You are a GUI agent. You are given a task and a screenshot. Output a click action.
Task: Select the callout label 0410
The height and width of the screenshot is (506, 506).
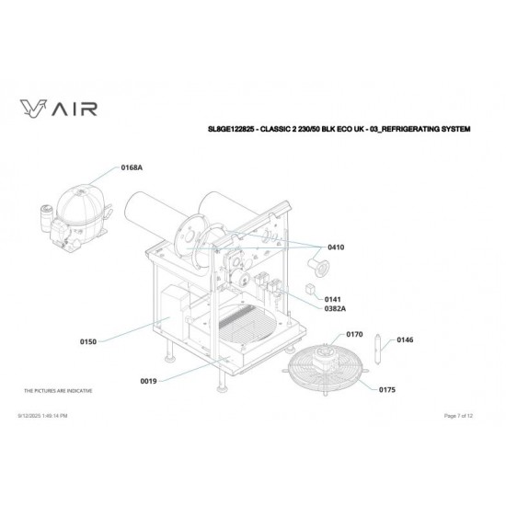336,247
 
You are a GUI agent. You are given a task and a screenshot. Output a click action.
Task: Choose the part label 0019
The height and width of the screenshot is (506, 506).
149,380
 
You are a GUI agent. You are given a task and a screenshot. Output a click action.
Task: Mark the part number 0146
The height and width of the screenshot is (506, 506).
405,340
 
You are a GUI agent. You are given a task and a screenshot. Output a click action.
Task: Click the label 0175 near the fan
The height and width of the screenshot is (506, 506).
388,390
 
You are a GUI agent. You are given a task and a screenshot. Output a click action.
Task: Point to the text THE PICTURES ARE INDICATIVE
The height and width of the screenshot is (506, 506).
58,390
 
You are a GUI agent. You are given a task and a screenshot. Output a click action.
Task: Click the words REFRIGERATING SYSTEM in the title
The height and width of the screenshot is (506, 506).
432,130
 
